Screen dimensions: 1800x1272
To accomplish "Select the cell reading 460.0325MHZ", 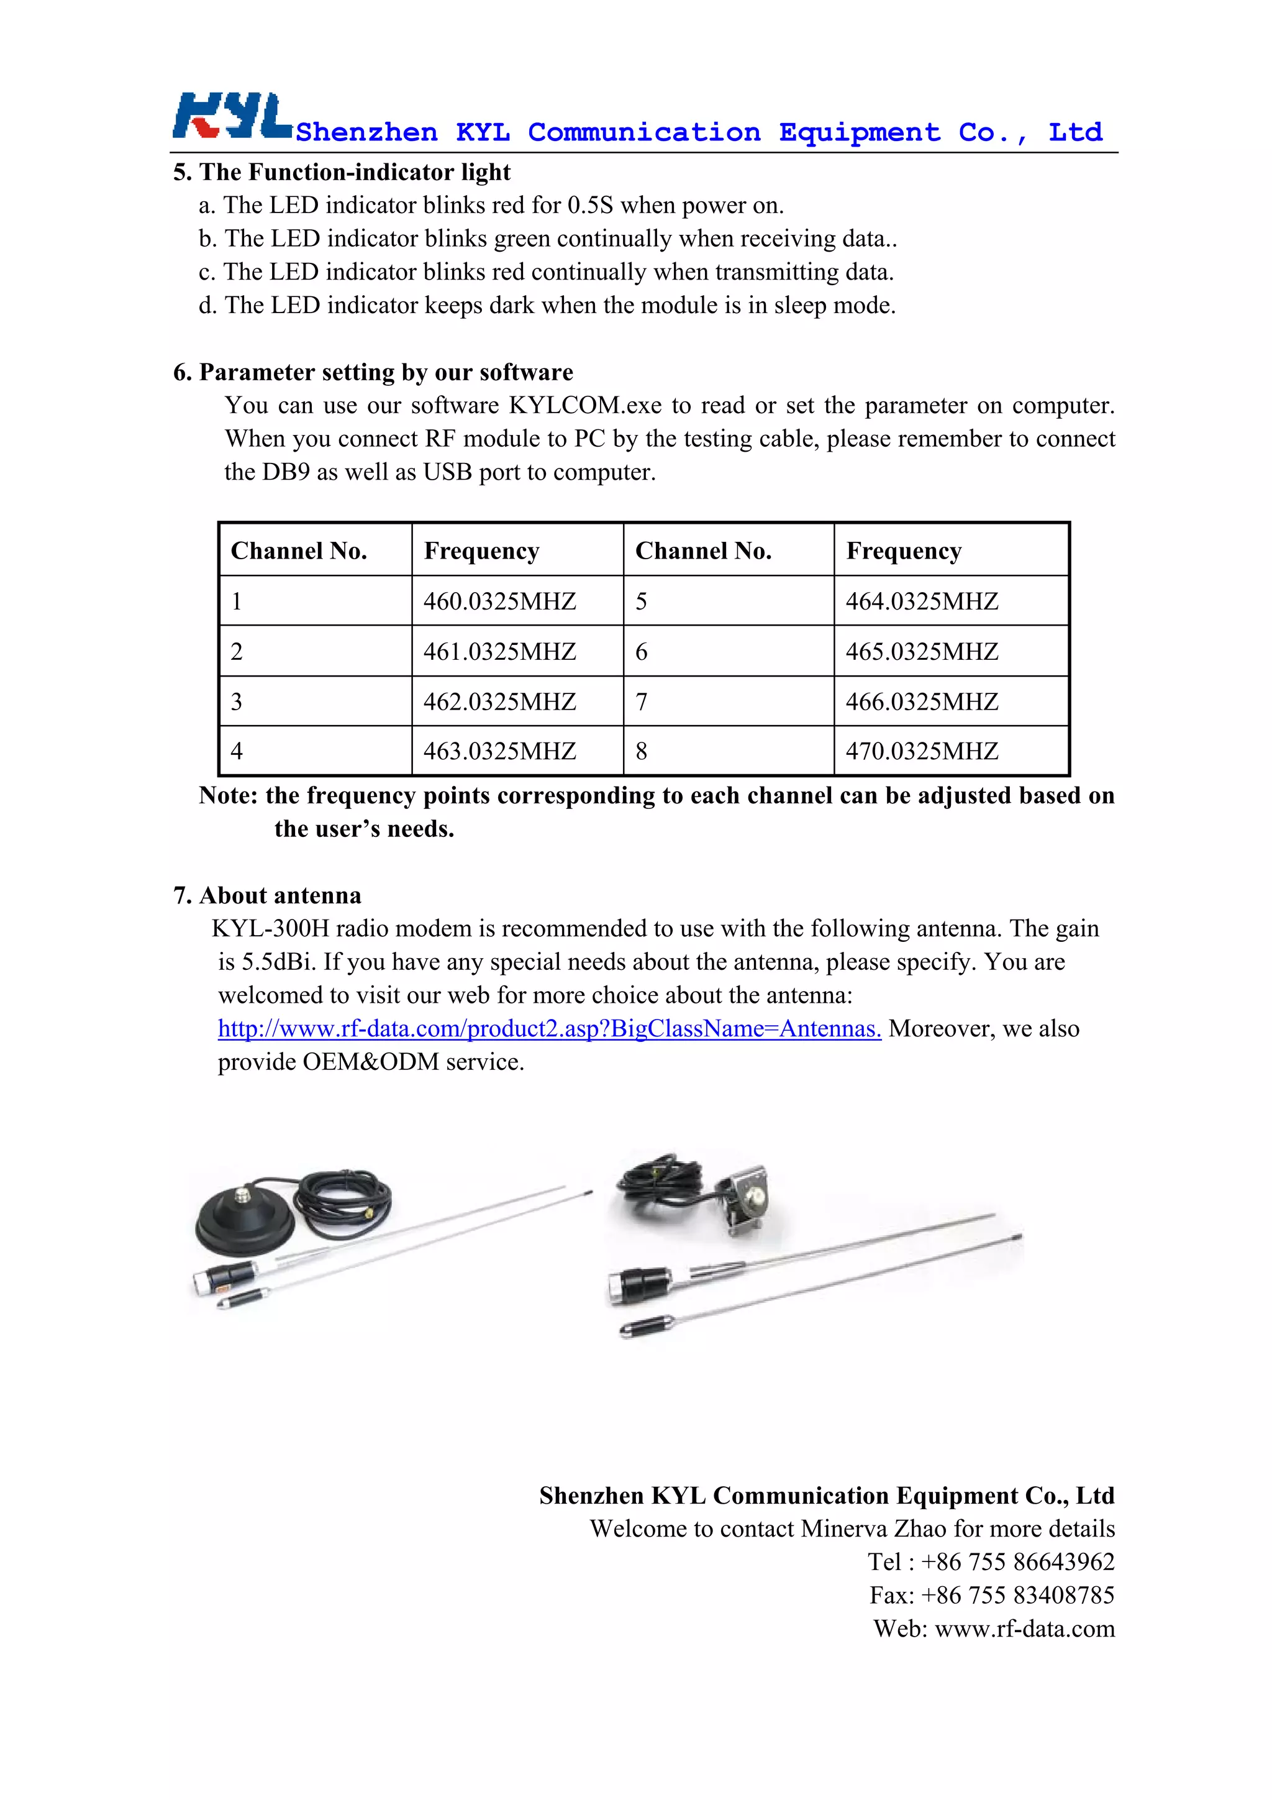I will click(500, 601).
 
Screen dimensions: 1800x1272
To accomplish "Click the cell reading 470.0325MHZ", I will click(922, 751).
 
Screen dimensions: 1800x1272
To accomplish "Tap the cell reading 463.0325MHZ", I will click(500, 751).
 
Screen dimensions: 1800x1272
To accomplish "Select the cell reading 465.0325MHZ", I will click(922, 652).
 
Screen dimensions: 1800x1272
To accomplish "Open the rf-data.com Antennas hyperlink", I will click(550, 1028).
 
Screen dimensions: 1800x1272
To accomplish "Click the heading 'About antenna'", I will click(279, 895).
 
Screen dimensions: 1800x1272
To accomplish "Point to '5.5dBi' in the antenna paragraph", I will click(276, 962).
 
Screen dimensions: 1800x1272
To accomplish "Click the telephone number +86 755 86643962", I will click(1017, 1561).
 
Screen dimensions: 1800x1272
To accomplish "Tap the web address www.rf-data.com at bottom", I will click(1024, 1629).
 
